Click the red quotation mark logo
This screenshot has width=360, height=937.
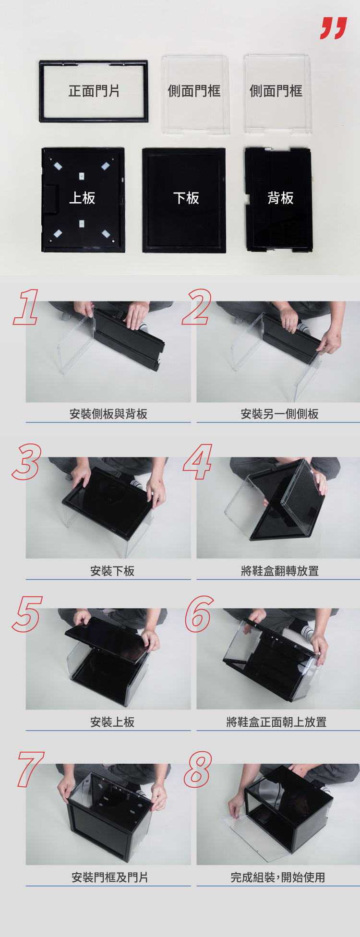tap(334, 28)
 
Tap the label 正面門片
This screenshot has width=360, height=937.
tap(94, 91)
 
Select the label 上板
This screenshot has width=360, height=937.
tap(82, 198)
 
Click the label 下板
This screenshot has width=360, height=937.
tap(186, 198)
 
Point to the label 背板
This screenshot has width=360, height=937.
tap(280, 198)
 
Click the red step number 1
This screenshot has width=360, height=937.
tap(26, 307)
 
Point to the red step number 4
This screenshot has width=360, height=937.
tap(198, 462)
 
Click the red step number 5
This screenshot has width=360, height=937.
tap(27, 613)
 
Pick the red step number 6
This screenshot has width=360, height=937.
tap(199, 613)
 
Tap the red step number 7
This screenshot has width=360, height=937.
tap(30, 769)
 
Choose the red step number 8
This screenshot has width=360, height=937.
tap(198, 769)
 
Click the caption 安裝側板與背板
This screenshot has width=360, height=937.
tap(108, 414)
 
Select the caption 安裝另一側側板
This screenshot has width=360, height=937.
tap(280, 414)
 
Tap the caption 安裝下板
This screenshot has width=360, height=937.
tap(112, 571)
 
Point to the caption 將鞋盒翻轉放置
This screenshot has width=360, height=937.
tap(280, 571)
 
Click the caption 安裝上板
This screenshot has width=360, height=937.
tap(112, 722)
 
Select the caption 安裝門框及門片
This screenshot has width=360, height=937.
tap(110, 877)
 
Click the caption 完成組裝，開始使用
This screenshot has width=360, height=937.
tap(278, 877)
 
